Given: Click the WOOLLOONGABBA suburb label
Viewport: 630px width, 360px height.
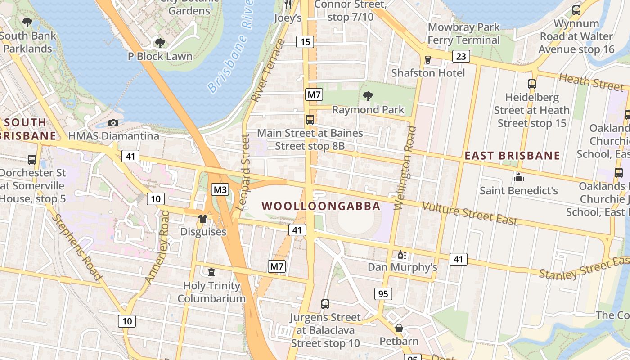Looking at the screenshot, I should coord(321,207).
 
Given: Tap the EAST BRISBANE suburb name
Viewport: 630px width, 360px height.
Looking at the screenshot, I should coord(512,156).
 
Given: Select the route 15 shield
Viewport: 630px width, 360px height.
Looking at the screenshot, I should coord(305,42).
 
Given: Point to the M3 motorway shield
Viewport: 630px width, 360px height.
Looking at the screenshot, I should coord(220,189).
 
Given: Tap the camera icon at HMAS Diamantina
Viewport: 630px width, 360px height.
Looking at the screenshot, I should coord(113,123).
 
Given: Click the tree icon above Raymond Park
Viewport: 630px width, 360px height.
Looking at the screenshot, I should coord(368,96).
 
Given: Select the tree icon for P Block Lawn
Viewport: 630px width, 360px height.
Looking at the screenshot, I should coord(160,43).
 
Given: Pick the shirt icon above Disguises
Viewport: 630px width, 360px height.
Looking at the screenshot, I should coord(203,219).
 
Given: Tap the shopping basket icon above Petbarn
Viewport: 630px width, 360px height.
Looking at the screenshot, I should coord(399,328).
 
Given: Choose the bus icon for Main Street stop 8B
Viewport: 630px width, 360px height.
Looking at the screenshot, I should coord(310,120).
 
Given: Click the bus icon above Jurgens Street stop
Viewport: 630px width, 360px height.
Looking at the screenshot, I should coord(325,304).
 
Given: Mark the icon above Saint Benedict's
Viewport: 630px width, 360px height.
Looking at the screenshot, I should coord(518,177).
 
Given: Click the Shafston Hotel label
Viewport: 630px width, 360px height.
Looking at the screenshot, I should coord(428,73).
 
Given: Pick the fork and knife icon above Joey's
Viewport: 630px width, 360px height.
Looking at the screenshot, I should coord(288,4).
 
